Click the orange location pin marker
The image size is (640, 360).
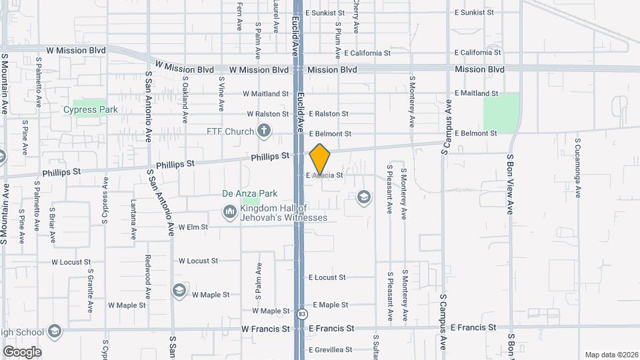(320, 159)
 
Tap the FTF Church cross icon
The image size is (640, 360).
(264, 131)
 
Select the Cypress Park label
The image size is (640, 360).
(85, 110)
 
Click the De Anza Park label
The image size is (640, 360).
(249, 194)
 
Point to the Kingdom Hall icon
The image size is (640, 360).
(229, 212)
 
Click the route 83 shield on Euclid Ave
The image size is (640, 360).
(303, 313)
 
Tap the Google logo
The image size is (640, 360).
(22, 351)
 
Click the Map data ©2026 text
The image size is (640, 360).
(611, 355)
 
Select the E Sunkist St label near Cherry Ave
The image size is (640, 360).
(325, 13)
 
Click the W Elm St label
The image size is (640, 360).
(193, 227)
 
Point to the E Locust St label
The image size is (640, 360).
(327, 277)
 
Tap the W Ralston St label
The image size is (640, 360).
(267, 114)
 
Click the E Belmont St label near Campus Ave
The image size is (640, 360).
(475, 133)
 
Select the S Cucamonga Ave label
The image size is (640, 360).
(578, 168)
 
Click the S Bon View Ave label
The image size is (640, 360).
(511, 184)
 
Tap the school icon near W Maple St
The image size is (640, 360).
(179, 290)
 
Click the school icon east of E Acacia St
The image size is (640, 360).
(363, 197)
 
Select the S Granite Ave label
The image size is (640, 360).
(90, 291)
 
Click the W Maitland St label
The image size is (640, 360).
(266, 94)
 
